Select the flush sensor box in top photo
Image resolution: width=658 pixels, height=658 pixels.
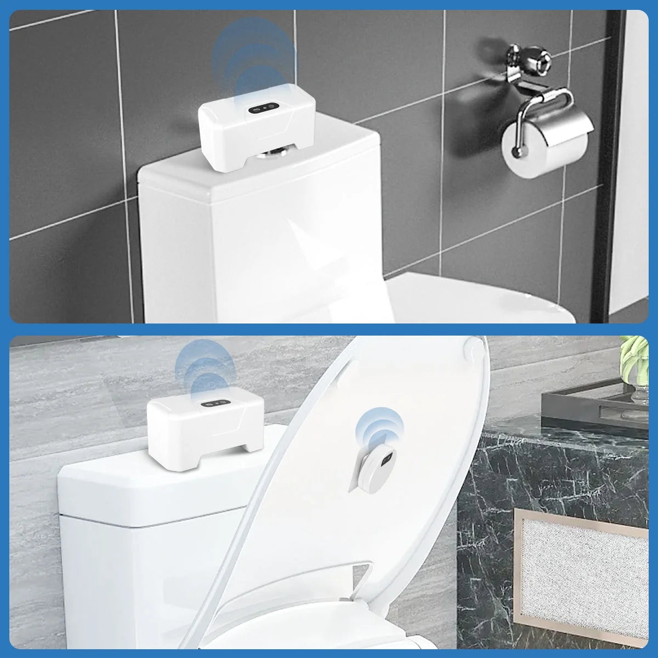pyautogui.click(x=252, y=126)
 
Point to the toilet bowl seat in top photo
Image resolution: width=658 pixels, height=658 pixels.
pyautogui.click(x=483, y=296)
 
